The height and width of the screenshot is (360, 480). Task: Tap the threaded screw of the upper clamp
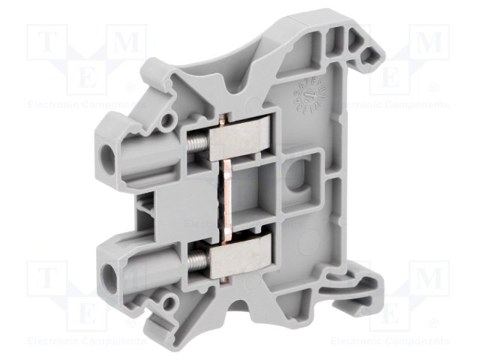coord(198,139)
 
